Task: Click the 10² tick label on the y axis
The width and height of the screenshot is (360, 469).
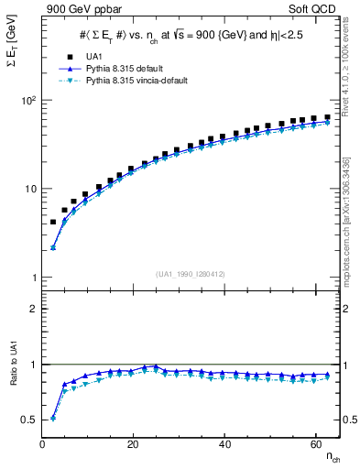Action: [x=28, y=100]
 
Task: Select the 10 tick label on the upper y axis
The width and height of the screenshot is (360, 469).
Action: [x=31, y=189]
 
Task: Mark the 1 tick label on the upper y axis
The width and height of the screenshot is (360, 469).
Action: [x=36, y=278]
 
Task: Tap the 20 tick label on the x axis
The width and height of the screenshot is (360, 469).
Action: [x=134, y=443]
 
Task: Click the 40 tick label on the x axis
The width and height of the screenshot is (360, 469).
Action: [x=224, y=443]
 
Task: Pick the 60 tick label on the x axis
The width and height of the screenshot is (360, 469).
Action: [x=315, y=443]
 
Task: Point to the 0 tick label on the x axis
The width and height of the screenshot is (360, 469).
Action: [x=43, y=443]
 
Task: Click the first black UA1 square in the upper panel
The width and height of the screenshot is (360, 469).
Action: [x=53, y=222]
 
